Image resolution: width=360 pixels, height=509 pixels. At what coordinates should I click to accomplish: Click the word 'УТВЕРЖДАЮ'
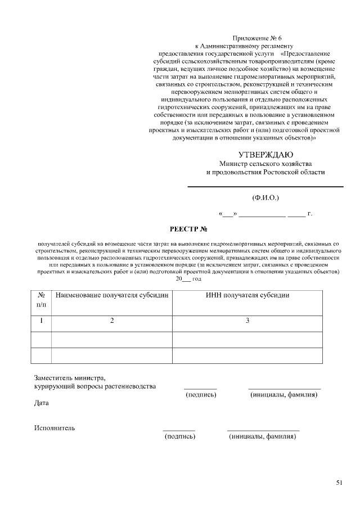265,155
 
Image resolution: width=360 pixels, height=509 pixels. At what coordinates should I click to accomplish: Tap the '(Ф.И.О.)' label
265,197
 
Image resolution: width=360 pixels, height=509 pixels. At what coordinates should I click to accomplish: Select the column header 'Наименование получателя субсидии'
112,295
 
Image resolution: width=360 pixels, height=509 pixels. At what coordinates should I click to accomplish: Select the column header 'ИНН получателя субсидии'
247,295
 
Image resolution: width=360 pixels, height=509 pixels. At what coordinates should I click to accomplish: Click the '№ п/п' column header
41,300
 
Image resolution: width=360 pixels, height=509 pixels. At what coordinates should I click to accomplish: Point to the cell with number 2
112,321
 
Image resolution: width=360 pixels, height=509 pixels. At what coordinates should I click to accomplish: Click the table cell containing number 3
247,321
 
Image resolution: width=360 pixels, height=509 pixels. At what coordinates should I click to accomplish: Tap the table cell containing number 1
41,321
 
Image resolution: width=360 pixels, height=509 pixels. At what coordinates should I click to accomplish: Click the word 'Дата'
41,403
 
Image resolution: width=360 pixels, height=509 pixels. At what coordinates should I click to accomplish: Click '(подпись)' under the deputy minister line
201,395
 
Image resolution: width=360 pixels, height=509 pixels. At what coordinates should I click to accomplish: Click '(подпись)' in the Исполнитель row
179,436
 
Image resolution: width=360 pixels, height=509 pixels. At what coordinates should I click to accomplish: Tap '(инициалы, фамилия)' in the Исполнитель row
263,436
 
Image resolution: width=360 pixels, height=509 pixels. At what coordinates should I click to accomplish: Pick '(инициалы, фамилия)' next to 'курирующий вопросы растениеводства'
284,395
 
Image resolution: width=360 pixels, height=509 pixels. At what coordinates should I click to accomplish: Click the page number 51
339,482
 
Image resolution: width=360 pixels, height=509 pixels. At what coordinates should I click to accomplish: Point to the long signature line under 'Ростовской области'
265,186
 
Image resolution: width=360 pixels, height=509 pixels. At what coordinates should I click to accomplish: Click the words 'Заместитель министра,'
69,377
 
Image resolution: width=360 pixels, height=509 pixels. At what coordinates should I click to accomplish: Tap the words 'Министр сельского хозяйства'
265,164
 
